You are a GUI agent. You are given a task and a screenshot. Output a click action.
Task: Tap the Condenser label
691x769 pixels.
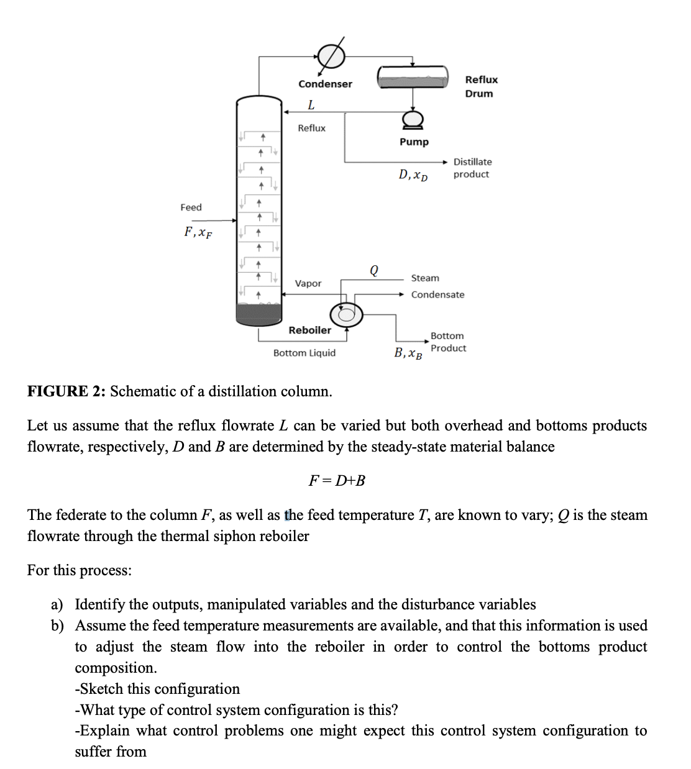[325, 84]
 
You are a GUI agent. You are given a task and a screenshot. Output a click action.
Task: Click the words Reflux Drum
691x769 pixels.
[481, 86]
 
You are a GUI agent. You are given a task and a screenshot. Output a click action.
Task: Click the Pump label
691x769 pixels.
[414, 142]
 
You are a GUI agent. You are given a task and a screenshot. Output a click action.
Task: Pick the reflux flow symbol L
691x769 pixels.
[311, 104]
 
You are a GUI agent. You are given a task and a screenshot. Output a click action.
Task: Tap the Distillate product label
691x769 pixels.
[472, 168]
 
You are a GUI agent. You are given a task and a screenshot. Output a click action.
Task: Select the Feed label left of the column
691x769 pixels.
[191, 207]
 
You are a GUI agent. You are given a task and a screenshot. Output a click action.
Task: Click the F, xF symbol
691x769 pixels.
[198, 232]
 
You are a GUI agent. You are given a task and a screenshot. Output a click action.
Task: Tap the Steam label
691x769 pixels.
[425, 278]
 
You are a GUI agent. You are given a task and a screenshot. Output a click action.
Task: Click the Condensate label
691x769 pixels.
[437, 294]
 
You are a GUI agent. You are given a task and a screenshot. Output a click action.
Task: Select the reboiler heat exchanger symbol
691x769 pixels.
[345, 314]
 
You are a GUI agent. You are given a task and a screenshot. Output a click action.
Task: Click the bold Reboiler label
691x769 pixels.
[309, 330]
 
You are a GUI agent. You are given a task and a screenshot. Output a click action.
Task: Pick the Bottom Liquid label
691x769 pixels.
[304, 353]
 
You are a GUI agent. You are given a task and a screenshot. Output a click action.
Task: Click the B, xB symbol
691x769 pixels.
[408, 354]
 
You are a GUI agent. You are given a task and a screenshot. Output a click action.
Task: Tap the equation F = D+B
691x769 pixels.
[337, 480]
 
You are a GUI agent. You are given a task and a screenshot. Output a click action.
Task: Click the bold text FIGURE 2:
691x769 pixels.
[66, 391]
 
